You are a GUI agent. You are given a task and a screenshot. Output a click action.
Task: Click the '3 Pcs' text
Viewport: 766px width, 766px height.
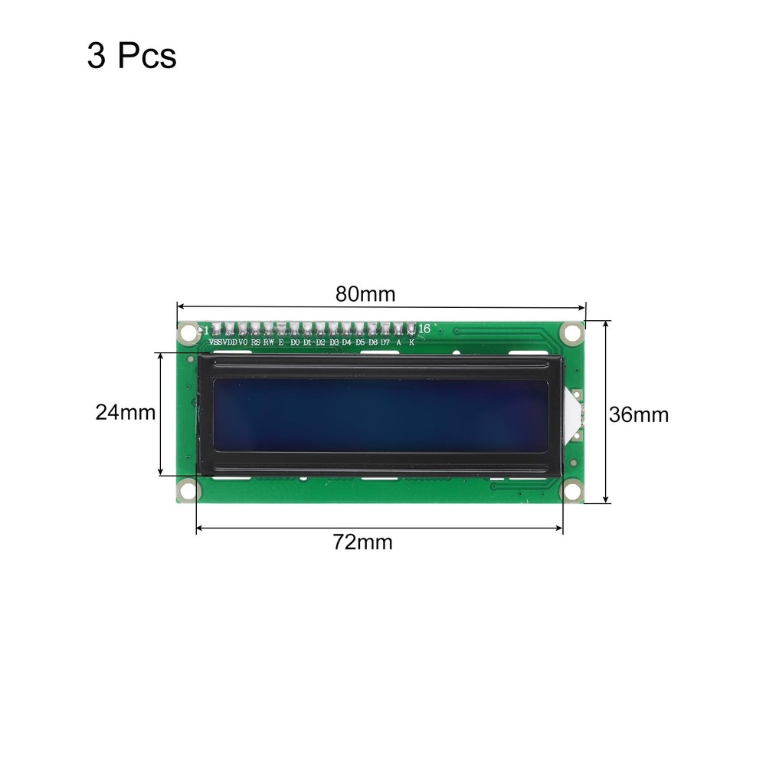pyautogui.click(x=131, y=57)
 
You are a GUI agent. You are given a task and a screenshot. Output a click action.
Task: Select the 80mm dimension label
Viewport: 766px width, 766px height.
pyautogui.click(x=365, y=293)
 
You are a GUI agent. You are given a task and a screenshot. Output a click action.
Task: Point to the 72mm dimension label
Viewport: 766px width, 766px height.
pyautogui.click(x=362, y=542)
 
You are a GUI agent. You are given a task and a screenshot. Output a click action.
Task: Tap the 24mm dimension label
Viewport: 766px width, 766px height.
pyautogui.click(x=125, y=413)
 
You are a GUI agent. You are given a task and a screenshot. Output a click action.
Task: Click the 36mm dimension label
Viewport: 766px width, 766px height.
pyautogui.click(x=638, y=414)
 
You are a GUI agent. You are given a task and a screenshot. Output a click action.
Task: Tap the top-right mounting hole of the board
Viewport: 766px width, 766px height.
pyautogui.click(x=571, y=332)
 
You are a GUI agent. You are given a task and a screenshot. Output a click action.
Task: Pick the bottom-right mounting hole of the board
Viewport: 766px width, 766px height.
pyautogui.click(x=571, y=489)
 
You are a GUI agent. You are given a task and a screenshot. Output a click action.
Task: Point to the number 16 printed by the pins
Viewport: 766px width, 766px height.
pyautogui.click(x=424, y=329)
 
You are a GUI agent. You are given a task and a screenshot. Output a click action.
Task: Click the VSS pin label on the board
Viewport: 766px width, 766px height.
pyautogui.click(x=215, y=342)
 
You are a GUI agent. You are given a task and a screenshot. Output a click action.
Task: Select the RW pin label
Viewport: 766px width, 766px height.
pyautogui.click(x=268, y=342)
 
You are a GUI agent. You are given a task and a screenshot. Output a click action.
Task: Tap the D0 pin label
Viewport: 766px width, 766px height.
pyautogui.click(x=295, y=342)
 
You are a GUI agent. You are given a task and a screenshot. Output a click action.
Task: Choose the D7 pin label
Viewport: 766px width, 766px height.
pyautogui.click(x=385, y=342)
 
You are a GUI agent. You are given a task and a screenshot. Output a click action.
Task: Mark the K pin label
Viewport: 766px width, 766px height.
pyautogui.click(x=411, y=342)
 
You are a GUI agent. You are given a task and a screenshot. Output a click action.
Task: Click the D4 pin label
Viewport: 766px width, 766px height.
pyautogui.click(x=346, y=342)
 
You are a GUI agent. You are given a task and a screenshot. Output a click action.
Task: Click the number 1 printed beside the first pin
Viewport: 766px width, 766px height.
pyautogui.click(x=205, y=329)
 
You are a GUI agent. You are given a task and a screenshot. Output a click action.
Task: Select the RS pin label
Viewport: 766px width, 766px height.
pyautogui.click(x=255, y=342)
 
